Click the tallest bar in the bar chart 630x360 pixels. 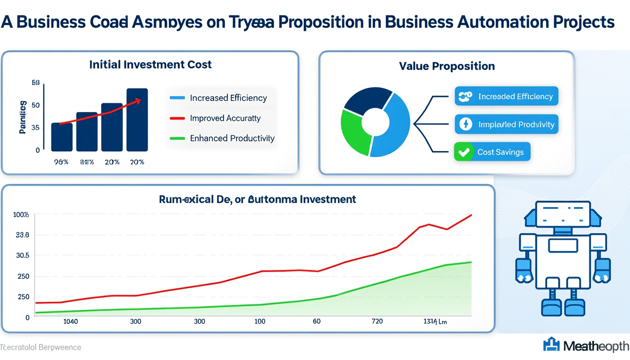(x=137, y=120)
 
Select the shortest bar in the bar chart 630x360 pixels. (x=61, y=137)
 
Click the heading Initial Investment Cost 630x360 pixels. (x=150, y=65)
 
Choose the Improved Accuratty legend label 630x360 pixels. (x=225, y=118)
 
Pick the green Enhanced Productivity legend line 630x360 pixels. (x=177, y=138)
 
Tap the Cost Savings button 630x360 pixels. (x=492, y=152)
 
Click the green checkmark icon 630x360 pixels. (x=464, y=152)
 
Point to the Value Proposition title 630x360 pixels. (x=447, y=66)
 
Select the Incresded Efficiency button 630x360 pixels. (x=507, y=97)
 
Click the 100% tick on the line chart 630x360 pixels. (x=22, y=215)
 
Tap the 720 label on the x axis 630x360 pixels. (x=376, y=321)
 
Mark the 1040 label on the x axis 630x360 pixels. (x=70, y=322)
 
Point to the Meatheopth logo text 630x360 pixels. (x=596, y=346)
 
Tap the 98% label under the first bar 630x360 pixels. (x=61, y=162)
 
